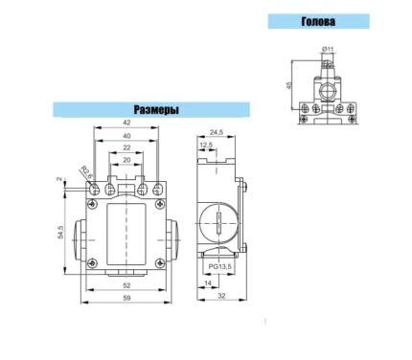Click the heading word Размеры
point(156,110)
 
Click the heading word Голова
point(318,21)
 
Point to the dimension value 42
point(126,123)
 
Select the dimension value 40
point(126,136)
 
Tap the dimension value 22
point(126,147)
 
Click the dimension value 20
point(126,160)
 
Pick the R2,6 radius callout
point(87,172)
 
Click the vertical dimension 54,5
point(60,232)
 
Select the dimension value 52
point(126,285)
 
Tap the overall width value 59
point(126,298)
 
